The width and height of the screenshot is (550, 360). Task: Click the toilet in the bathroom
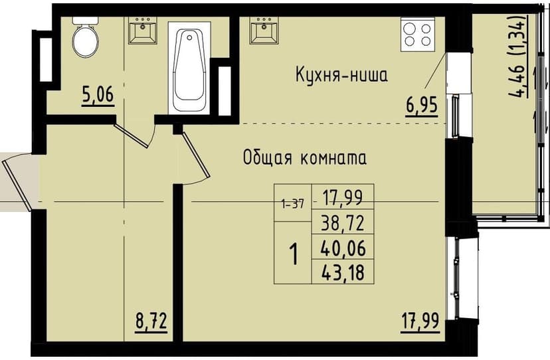pyautogui.click(x=84, y=39)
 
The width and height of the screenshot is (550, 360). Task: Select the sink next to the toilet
pyautogui.click(x=142, y=29)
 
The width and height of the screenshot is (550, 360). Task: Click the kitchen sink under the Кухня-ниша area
pyautogui.click(x=264, y=29)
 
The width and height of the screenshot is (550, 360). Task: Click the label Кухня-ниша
pyautogui.click(x=341, y=75)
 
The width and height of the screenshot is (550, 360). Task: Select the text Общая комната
pyautogui.click(x=305, y=158)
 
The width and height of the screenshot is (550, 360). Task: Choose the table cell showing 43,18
pyautogui.click(x=343, y=272)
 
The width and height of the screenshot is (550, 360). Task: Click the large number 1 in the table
pyautogui.click(x=292, y=253)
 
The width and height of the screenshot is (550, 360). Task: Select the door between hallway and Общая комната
pyautogui.click(x=195, y=156)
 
